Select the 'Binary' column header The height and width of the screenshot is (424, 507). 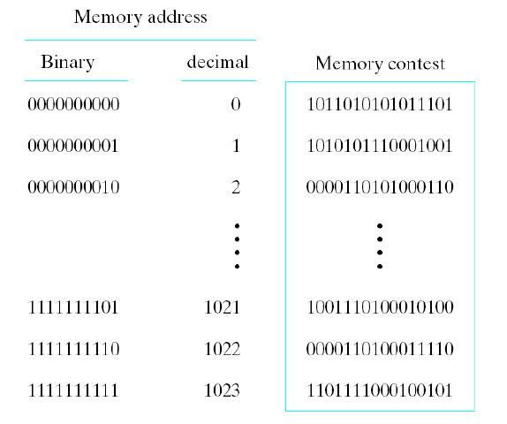tap(67, 64)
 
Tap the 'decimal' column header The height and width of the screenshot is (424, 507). tap(217, 63)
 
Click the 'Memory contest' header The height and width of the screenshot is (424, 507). tap(380, 64)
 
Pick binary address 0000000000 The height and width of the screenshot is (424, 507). tap(73, 105)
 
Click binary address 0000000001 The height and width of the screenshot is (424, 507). tap(73, 146)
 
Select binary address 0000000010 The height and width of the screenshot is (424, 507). tap(73, 186)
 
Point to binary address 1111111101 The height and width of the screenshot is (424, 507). tap(73, 309)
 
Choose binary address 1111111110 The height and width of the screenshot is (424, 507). tap(73, 350)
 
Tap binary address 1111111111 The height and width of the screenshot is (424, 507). tap(73, 390)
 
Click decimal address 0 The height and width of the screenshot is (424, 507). tap(235, 105)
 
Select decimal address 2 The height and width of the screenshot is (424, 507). tap(235, 186)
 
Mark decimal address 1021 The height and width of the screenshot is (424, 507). tap(221, 309)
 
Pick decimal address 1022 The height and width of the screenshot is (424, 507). tap(221, 350)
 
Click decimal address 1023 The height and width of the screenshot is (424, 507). tap(221, 390)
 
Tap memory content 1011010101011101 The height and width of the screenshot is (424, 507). tap(380, 105)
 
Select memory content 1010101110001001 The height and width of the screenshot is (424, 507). tap(380, 146)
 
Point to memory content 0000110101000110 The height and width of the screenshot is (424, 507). tap(380, 186)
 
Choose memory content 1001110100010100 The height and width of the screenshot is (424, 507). tap(380, 309)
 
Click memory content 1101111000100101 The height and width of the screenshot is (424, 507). tap(380, 390)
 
